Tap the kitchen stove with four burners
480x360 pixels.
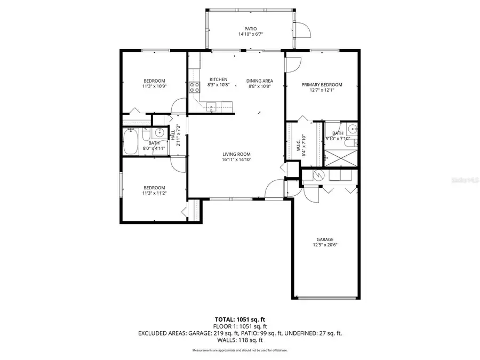[194, 88]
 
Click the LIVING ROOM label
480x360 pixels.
[237, 154]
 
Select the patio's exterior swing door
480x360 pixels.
[302, 30]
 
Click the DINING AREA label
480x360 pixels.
[260, 81]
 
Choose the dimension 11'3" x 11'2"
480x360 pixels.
[154, 193]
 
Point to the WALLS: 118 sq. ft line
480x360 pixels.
[240, 339]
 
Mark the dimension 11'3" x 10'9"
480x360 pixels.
[154, 86]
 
